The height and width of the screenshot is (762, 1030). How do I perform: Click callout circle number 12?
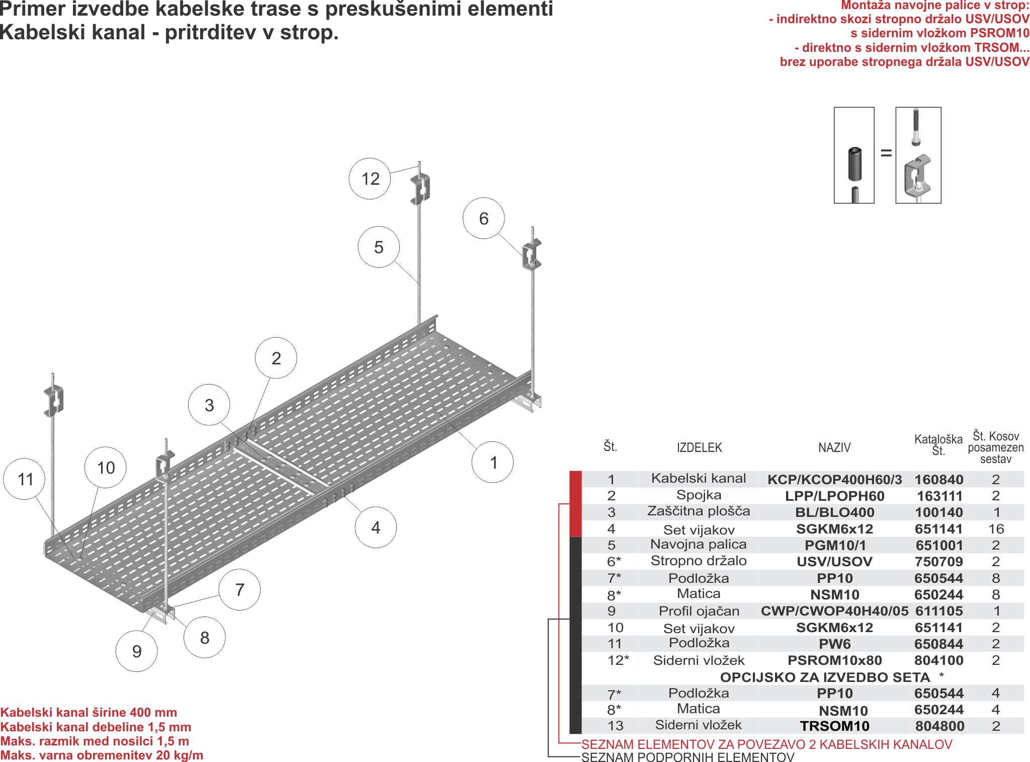click(x=370, y=179)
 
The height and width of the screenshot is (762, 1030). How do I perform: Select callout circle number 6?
click(x=483, y=218)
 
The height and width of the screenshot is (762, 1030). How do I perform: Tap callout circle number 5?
click(x=378, y=247)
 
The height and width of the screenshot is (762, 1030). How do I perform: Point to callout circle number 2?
click(x=276, y=358)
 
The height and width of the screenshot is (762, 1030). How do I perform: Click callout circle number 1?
click(x=492, y=462)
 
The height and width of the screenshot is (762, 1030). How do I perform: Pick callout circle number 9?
click(x=136, y=651)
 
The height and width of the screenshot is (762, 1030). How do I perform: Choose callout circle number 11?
click(x=24, y=479)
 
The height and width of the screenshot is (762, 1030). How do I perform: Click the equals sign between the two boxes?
click(x=886, y=153)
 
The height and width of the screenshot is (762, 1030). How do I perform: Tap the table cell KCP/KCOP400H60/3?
click(x=834, y=479)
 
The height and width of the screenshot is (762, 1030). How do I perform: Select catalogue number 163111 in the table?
click(x=939, y=496)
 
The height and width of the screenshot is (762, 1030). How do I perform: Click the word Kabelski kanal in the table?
click(x=699, y=478)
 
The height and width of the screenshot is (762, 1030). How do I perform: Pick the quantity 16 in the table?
click(x=996, y=528)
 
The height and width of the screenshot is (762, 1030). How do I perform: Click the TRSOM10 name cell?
click(x=834, y=726)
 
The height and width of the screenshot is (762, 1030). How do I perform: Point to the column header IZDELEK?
click(x=699, y=447)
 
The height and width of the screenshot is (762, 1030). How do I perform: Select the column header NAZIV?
click(x=834, y=447)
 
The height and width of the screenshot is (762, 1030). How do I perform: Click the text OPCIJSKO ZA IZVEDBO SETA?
click(x=825, y=677)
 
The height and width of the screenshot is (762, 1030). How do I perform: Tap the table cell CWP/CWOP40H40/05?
click(x=834, y=611)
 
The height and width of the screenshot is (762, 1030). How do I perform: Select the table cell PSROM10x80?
click(x=834, y=660)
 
